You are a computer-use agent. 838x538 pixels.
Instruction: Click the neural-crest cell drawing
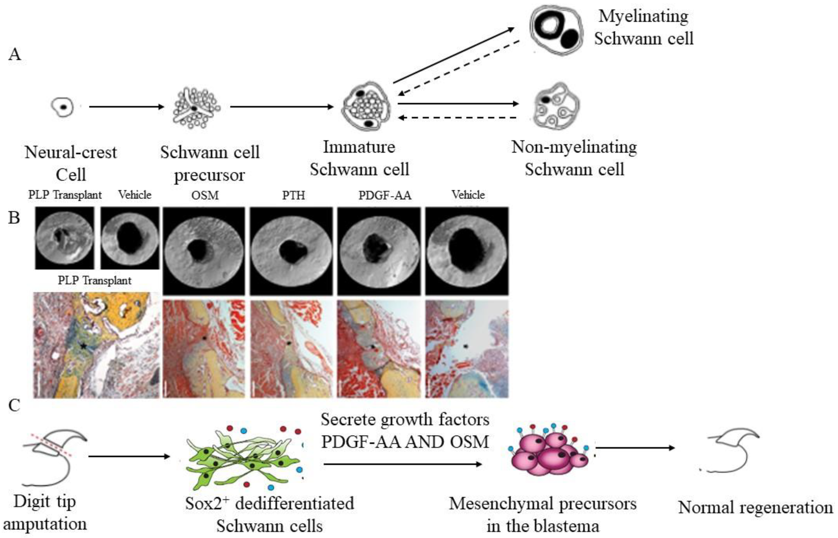[x=63, y=106]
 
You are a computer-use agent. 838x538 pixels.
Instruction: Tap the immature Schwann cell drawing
[x=365, y=106]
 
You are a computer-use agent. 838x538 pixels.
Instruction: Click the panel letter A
[x=15, y=55]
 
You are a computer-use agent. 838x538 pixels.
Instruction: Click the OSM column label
[x=205, y=195]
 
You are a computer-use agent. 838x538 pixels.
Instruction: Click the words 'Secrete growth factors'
[x=405, y=419]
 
